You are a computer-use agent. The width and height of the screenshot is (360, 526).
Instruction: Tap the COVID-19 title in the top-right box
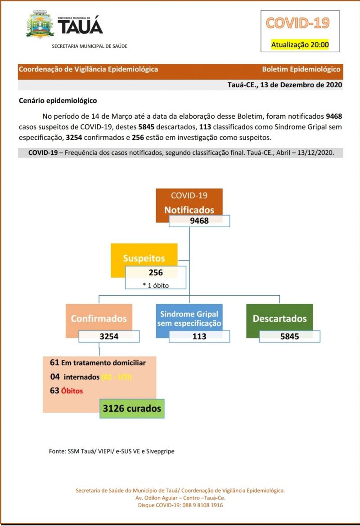point(297,23)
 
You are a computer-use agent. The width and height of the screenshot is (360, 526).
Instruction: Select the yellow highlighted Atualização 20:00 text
point(300,45)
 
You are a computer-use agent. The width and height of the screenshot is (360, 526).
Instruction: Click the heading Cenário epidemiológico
point(58,101)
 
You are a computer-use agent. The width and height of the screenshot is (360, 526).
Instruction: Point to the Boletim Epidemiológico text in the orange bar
point(301,69)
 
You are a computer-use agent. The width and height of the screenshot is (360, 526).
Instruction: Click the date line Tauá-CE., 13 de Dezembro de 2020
point(284,85)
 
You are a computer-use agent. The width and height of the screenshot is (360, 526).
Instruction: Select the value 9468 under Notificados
point(199,221)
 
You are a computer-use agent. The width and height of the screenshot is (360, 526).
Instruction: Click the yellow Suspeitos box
point(144,258)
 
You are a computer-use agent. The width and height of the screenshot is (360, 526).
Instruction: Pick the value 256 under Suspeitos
point(156,272)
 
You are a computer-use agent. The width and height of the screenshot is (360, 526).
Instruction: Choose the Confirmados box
point(99,319)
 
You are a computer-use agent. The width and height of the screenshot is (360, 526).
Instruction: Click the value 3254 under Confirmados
point(109,336)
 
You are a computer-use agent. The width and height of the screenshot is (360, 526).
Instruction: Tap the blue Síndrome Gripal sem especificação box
point(189,319)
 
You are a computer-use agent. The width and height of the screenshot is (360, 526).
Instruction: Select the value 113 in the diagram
point(199,336)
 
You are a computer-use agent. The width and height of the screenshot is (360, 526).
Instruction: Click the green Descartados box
point(279,319)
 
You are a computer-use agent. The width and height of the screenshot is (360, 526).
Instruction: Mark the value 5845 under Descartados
point(289,336)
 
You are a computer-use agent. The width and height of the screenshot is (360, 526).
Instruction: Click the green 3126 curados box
point(132,409)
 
